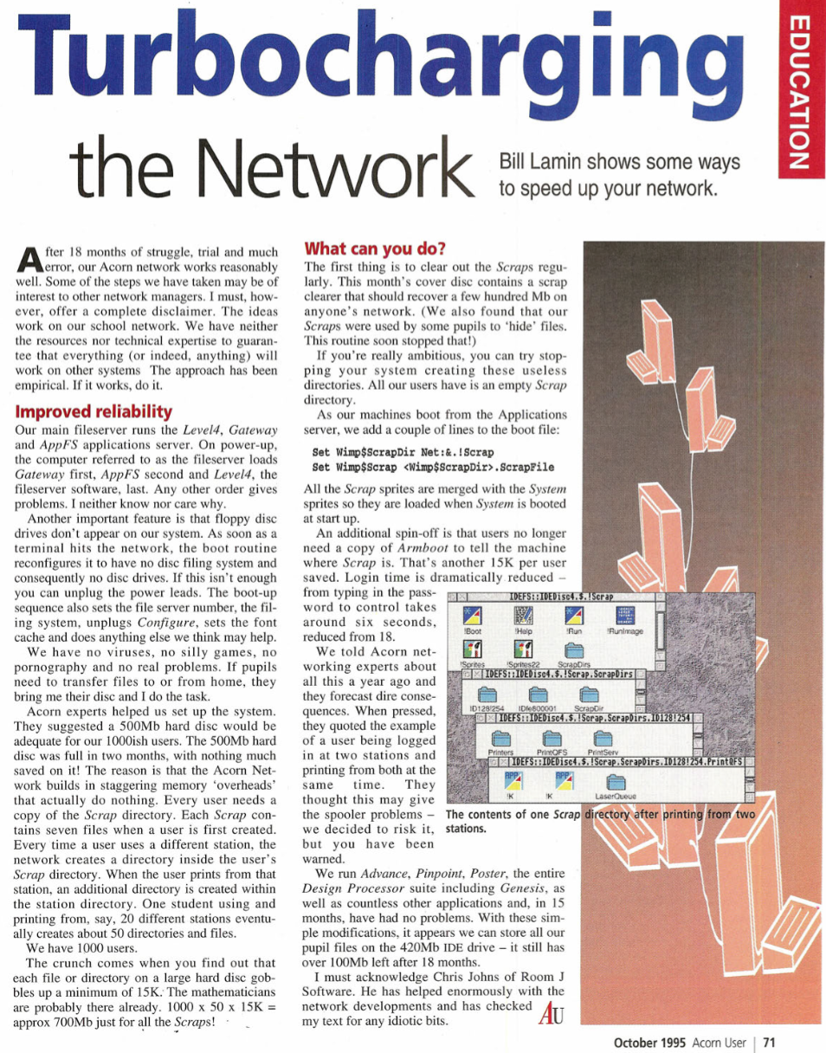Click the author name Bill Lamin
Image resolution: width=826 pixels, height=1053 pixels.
pos(544,163)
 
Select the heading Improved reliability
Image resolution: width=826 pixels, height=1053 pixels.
pos(94,411)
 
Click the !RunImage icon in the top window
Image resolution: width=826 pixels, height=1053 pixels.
pos(628,618)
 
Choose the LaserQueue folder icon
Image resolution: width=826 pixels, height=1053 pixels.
pos(616,784)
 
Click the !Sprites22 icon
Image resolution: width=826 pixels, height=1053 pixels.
pos(523,651)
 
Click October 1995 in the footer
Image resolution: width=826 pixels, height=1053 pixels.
pos(650,1042)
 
